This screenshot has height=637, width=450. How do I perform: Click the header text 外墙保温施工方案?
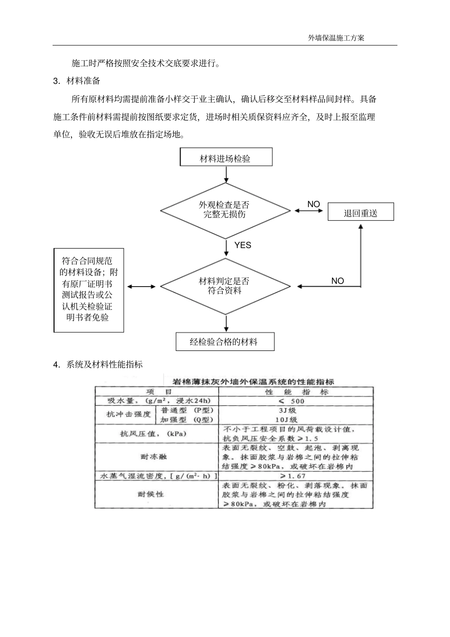[x=336, y=38]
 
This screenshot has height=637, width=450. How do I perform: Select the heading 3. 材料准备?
[x=77, y=81]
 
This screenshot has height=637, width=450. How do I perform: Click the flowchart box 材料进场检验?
[x=226, y=158]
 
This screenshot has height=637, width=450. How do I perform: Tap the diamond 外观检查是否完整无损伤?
[x=225, y=210]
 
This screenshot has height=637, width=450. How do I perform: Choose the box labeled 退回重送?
[x=360, y=213]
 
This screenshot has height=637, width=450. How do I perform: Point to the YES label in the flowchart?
[x=243, y=245]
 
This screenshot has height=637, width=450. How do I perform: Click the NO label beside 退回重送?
[x=314, y=205]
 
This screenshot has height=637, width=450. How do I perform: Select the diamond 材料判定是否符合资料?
[x=225, y=286]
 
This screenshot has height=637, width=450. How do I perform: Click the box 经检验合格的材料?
[x=225, y=341]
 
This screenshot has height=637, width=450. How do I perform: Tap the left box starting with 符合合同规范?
[x=89, y=289]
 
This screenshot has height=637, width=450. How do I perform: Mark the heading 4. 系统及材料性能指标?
[x=98, y=365]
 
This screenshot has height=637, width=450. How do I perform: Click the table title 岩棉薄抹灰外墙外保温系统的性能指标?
[x=253, y=381]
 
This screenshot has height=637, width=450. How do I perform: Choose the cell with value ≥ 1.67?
[x=292, y=476]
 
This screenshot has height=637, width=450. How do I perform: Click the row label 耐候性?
[x=152, y=494]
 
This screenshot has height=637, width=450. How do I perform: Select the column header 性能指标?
[x=296, y=392]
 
